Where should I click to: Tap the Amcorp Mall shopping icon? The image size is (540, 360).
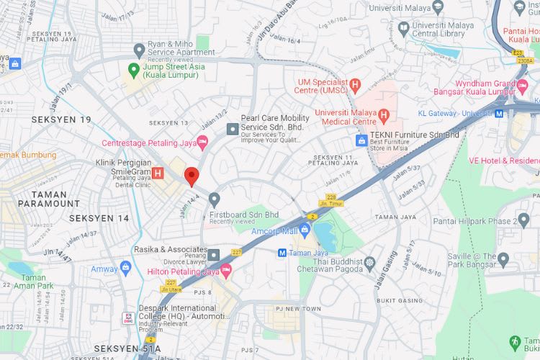(x=305, y=230)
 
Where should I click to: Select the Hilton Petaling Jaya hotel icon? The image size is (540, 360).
(x=226, y=271)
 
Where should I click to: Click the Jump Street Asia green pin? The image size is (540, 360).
(x=133, y=70)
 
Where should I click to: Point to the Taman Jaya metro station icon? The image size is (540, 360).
(x=283, y=252)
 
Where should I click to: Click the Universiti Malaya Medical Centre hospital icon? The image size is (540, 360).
(x=383, y=114)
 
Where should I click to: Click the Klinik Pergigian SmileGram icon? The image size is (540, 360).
(x=158, y=173)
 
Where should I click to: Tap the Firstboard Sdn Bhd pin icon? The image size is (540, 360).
(x=214, y=199)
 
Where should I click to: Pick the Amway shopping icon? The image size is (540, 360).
(x=127, y=269)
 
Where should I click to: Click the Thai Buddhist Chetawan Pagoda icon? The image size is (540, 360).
(x=370, y=263)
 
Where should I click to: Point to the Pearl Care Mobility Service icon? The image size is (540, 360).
(x=232, y=128)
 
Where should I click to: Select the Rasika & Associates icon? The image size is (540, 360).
(x=214, y=255)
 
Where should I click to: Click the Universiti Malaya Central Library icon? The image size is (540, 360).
(x=404, y=29)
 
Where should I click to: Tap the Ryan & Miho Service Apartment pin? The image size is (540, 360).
(x=139, y=49)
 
